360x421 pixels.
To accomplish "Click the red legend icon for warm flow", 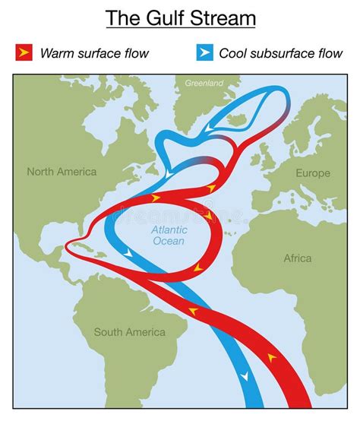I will coord(24,52).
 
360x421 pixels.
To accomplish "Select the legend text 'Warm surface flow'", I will coord(94,53).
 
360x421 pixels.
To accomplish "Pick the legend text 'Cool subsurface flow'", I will coord(279,53).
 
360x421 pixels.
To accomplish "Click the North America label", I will coord(62,172).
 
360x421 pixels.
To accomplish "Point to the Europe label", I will coord(313,173).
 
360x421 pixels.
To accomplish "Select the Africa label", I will coord(298,258).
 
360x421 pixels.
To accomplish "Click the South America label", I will coord(129,332).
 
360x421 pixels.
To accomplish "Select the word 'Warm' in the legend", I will coord(55,53).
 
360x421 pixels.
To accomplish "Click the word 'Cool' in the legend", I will coord(233,53).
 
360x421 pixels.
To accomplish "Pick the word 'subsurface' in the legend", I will coord(280,53).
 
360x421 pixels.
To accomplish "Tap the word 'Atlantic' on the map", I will coord(169,229).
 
